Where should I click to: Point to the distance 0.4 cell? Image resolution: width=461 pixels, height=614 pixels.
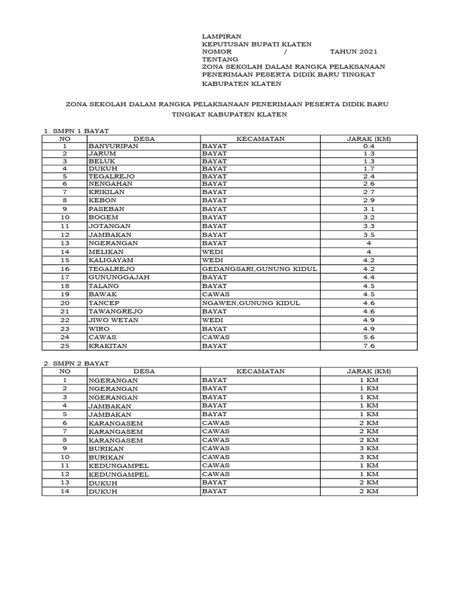tap(369, 146)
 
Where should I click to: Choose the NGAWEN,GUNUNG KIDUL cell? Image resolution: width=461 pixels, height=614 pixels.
tap(250, 303)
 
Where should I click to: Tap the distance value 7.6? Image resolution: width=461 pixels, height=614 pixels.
tap(369, 346)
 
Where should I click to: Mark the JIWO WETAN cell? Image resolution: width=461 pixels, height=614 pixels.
tap(113, 320)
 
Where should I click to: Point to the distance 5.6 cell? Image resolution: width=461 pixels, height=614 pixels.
tap(369, 337)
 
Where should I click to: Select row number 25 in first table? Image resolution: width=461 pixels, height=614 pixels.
tap(64, 346)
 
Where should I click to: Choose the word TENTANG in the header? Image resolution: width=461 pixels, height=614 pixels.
tap(220, 59)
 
